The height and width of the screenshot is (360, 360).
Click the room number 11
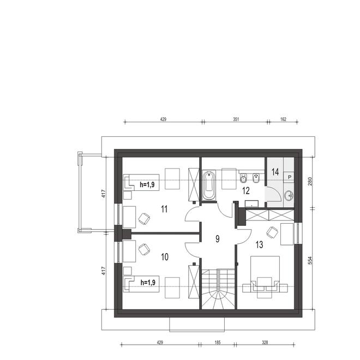tap(164, 208)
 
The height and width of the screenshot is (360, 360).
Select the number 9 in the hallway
tap(218, 238)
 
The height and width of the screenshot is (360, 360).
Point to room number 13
tap(259, 245)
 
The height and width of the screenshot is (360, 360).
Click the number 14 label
tap(275, 172)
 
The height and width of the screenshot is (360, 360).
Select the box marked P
tap(289, 177)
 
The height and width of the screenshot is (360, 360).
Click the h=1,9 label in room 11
tap(147, 185)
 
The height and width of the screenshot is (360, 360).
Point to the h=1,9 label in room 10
tap(147, 283)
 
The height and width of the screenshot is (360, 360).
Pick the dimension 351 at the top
tap(236, 118)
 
